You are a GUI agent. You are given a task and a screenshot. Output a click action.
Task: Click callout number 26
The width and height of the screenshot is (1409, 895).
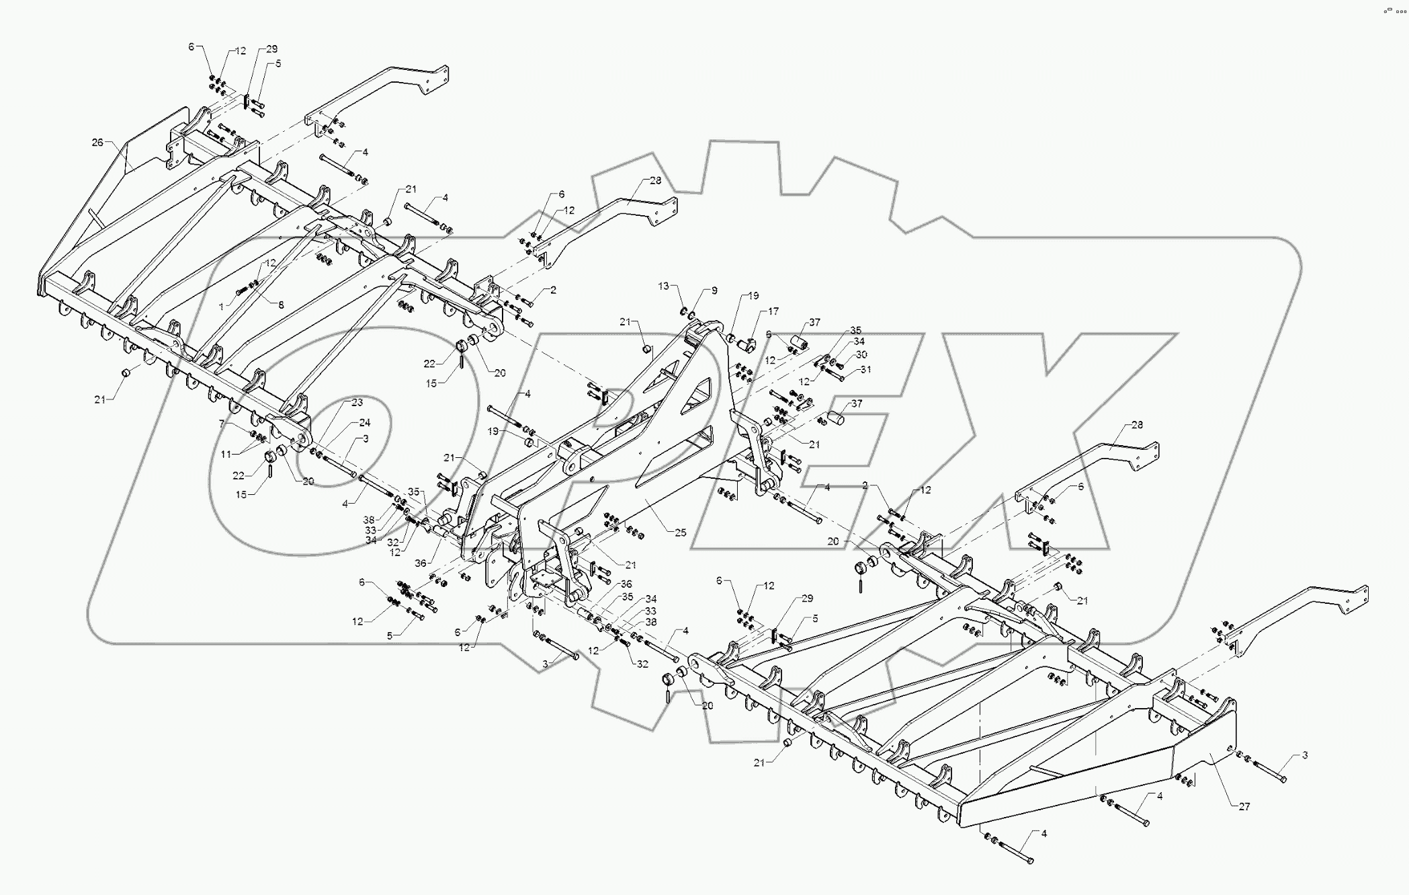[97, 142]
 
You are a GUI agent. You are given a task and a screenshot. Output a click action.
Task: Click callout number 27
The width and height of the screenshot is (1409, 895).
[1244, 806]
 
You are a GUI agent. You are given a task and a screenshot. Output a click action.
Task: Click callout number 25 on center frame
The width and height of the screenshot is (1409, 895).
[680, 533]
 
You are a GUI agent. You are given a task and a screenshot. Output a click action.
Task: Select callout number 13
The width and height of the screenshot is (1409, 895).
[664, 286]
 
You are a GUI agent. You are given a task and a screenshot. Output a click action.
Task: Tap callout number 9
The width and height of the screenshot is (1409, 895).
[714, 290]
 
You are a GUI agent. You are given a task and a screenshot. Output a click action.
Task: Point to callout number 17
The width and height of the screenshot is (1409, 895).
[773, 311]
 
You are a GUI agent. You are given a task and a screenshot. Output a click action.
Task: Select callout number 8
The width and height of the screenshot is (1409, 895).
[281, 305]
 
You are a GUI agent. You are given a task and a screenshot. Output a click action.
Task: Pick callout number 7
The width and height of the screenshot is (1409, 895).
[221, 424]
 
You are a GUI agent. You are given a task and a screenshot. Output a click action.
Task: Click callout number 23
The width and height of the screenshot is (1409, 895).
[357, 402]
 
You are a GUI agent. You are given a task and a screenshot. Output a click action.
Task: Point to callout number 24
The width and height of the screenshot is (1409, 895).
[364, 423]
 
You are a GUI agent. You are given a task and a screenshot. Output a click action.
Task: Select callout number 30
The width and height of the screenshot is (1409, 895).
[861, 354]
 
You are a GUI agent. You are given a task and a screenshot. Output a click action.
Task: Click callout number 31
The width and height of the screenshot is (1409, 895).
[865, 369]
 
